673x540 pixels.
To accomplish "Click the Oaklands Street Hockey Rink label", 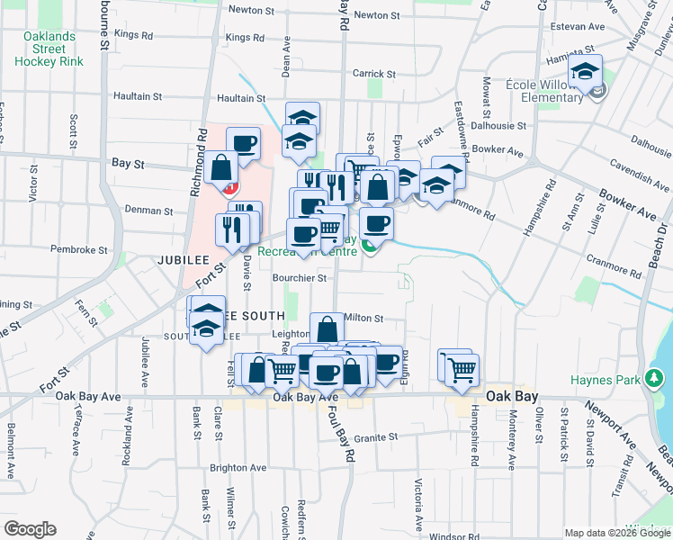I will (x=49, y=49).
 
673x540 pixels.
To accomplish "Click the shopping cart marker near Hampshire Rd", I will (x=462, y=368).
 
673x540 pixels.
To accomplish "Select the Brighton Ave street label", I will (x=238, y=468).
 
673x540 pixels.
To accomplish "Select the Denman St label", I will (x=148, y=211).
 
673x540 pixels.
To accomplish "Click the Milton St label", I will (x=363, y=318).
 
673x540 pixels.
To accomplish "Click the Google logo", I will (x=30, y=529).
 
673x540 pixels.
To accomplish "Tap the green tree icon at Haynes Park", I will (x=654, y=380).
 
